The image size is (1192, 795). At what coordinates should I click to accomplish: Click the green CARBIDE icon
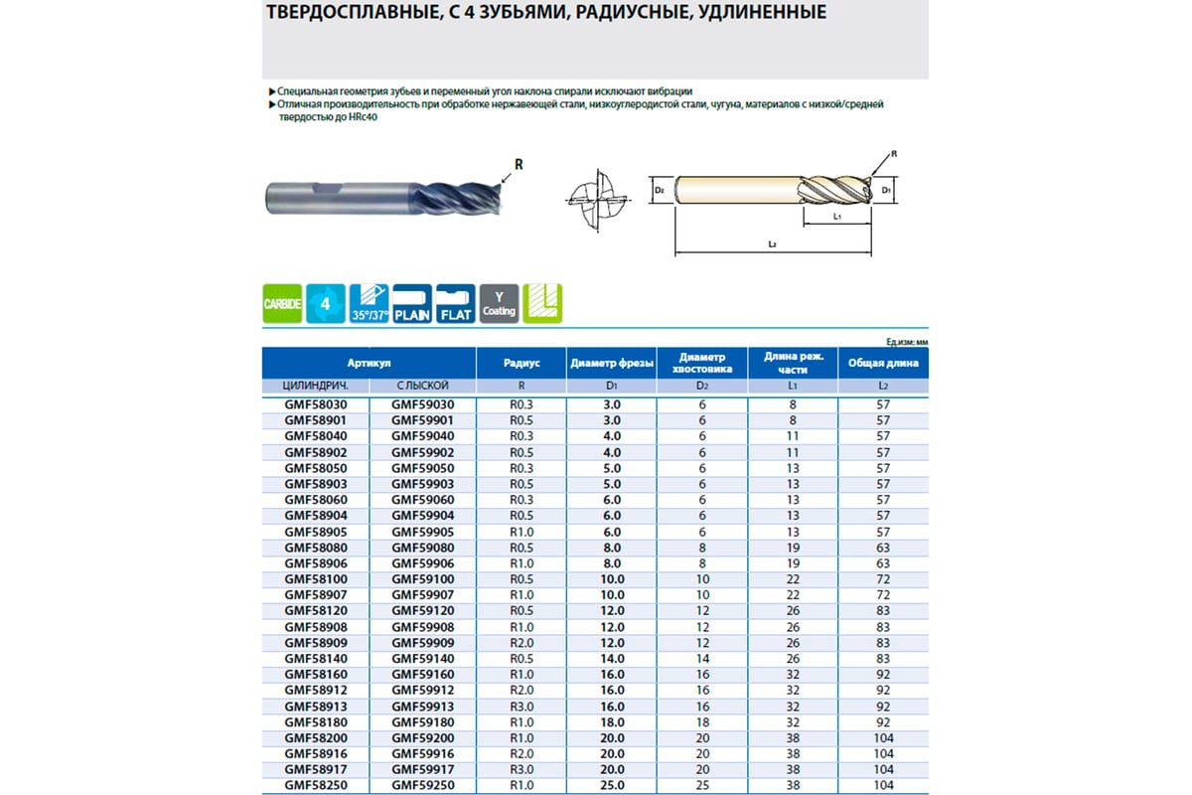pos(282,303)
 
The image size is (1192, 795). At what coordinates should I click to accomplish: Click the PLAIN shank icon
pos(412,303)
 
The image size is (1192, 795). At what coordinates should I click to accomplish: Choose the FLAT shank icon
pos(455,303)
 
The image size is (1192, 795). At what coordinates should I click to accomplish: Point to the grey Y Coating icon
pos(499,303)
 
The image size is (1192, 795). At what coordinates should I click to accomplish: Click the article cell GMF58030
pos(315,405)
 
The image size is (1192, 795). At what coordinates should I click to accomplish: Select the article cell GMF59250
pos(422,786)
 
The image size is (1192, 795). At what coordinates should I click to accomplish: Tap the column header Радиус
pos(521,363)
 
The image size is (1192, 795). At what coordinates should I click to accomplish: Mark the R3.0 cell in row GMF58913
pos(521,707)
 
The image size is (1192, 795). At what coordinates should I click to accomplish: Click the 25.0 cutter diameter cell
pos(612,786)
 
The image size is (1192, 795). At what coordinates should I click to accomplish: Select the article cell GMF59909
pos(422,643)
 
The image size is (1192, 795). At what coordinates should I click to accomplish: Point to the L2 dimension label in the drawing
pos(772,244)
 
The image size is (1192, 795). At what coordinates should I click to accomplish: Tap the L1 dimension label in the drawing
pos(837,215)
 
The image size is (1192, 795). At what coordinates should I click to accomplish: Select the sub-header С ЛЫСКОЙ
pos(422,385)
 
